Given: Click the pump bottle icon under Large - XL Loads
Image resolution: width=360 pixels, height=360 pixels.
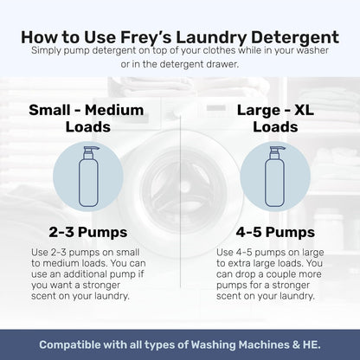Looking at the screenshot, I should coord(270,179).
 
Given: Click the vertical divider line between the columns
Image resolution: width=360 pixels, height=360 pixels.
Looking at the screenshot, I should coord(180,216).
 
